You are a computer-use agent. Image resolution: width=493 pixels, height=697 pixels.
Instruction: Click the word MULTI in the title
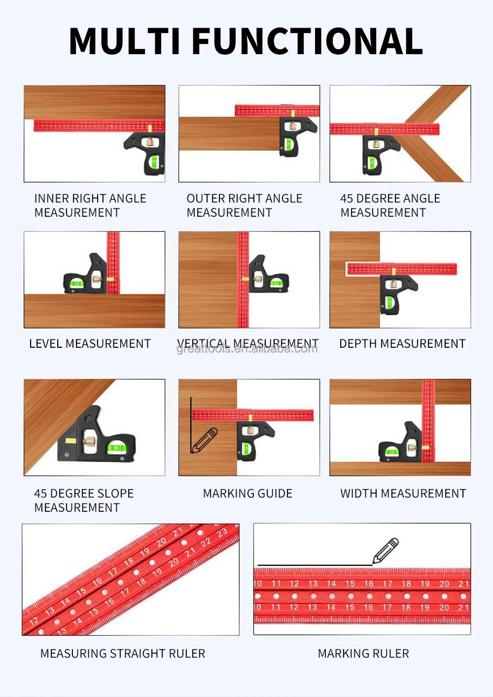[125, 41]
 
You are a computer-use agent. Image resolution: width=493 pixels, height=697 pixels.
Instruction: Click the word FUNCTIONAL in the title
[307, 41]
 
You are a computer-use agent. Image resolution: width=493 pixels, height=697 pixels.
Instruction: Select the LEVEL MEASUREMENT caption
[90, 344]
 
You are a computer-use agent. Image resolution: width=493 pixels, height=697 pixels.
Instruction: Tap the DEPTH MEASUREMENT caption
[402, 344]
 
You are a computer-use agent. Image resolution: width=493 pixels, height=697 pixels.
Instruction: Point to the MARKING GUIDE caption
[247, 494]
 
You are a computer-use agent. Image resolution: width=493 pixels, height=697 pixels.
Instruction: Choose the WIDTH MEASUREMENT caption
[403, 494]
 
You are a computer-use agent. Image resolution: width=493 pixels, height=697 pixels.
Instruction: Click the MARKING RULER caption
[363, 654]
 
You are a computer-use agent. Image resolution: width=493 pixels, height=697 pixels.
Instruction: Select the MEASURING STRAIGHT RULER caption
[122, 654]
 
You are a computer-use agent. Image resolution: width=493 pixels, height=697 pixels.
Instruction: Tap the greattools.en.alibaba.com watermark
[247, 349]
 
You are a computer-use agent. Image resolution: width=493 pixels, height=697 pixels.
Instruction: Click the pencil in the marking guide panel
[205, 440]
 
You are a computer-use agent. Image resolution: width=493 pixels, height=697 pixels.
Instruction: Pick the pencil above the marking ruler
[386, 551]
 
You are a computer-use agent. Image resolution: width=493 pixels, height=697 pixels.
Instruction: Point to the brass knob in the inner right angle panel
[149, 142]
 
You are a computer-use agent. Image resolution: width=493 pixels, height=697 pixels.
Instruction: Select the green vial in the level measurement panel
[77, 283]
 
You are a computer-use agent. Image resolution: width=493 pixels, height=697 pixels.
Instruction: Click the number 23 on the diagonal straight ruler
[222, 532]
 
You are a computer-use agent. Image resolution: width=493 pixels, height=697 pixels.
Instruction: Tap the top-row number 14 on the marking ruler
[331, 584]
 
